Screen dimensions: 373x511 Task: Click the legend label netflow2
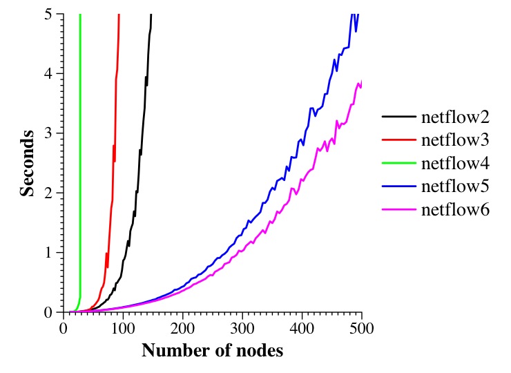point(455,116)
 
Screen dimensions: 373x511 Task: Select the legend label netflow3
point(455,140)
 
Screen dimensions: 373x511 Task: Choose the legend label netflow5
point(455,186)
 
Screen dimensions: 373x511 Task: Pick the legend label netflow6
point(455,210)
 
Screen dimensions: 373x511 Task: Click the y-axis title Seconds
point(28,162)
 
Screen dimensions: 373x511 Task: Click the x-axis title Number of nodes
point(212,350)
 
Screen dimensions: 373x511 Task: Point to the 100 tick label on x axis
point(123,327)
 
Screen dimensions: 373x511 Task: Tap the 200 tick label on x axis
point(182,327)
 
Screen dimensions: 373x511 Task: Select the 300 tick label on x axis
point(242,327)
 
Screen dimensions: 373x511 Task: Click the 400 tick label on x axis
point(302,327)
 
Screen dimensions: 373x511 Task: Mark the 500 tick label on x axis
point(361,327)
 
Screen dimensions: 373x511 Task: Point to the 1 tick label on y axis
point(49,253)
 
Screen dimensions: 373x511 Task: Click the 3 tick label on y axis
point(49,133)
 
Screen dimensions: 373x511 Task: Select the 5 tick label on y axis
point(49,14)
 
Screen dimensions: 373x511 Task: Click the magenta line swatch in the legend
point(398,210)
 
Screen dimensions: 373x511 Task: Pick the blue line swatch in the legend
point(398,186)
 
